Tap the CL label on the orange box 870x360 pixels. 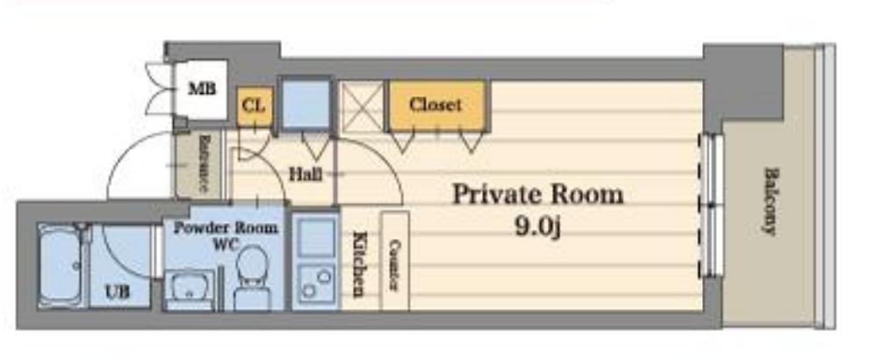point(253,106)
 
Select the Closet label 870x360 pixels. point(435,104)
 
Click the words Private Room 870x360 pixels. point(537,193)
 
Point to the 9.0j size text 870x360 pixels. point(537,227)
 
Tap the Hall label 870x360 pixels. point(304,174)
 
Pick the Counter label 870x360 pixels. point(394,262)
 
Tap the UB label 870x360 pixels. point(118,291)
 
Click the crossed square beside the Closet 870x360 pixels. point(362,105)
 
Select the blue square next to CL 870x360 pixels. point(305,104)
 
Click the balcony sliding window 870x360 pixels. point(711,205)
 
